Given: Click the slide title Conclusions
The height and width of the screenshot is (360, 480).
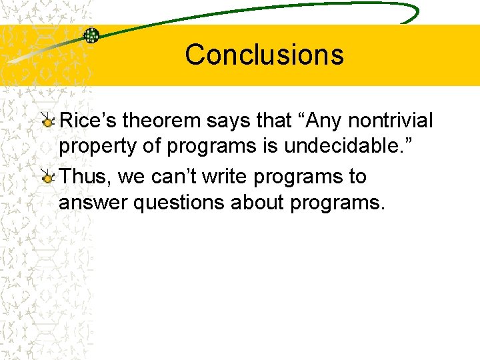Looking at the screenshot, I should click(264, 55).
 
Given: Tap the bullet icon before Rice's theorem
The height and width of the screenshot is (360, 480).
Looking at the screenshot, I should click(48, 121).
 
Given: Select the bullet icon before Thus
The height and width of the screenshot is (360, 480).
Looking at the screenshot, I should click(48, 177).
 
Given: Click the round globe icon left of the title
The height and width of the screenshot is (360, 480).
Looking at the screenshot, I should click(91, 35).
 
